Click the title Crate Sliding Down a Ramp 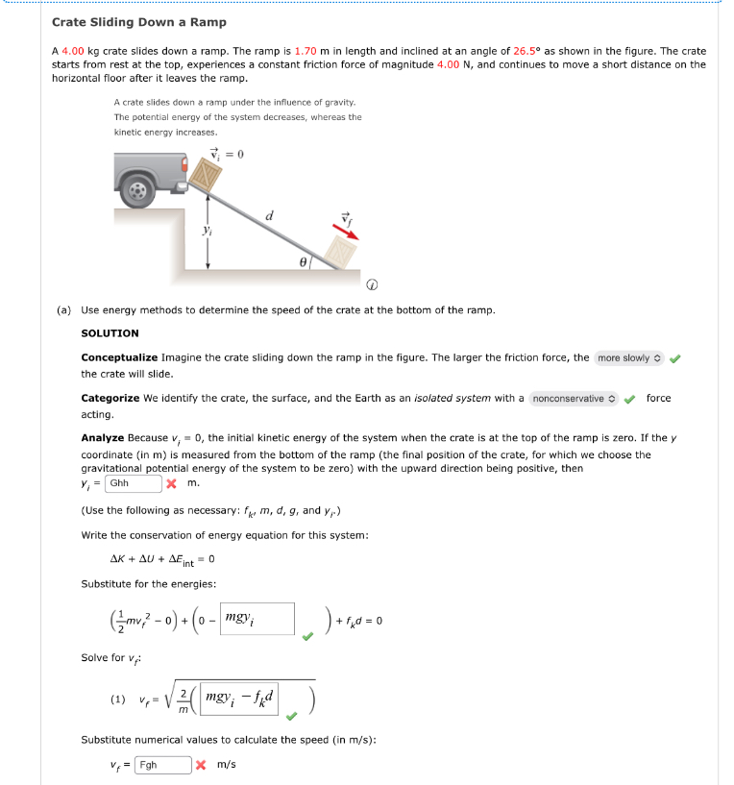click(138, 22)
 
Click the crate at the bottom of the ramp click(341, 253)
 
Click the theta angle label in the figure click(302, 260)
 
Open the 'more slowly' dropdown click(629, 358)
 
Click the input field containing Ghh click(133, 483)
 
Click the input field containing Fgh click(162, 765)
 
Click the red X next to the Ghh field click(171, 483)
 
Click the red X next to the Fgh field click(201, 765)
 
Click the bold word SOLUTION click(110, 333)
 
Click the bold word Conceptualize click(120, 357)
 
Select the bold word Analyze click(103, 438)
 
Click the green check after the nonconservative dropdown click(630, 398)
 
